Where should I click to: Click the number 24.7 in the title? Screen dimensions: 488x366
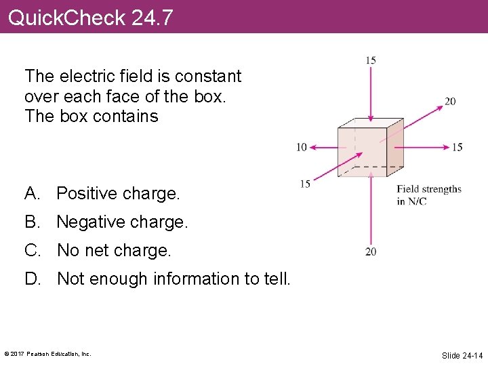pyautogui.click(x=152, y=17)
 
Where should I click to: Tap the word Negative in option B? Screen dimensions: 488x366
pyautogui.click(x=89, y=222)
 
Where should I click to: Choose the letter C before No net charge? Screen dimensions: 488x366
pyautogui.click(x=32, y=251)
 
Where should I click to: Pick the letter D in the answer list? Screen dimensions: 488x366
pyautogui.click(x=32, y=279)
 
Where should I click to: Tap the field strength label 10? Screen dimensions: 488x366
pyautogui.click(x=302, y=147)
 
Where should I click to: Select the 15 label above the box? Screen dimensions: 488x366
pyautogui.click(x=371, y=60)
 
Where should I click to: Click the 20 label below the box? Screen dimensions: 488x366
pyautogui.click(x=371, y=251)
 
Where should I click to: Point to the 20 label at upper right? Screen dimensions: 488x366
pyautogui.click(x=450, y=102)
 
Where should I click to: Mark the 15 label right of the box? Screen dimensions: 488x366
pyautogui.click(x=457, y=147)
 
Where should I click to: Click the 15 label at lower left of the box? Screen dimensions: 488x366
pyautogui.click(x=305, y=184)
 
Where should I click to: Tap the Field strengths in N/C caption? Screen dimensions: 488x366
pyautogui.click(x=428, y=195)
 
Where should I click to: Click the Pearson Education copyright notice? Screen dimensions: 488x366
pyautogui.click(x=47, y=354)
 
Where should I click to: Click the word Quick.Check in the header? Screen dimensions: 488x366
pyautogui.click(x=66, y=17)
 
